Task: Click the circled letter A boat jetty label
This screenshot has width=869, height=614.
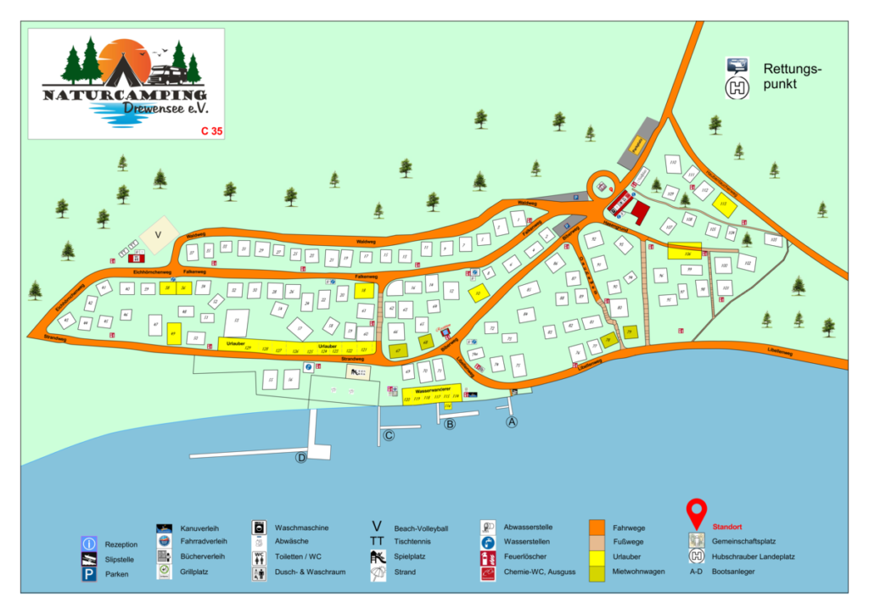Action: [511, 421]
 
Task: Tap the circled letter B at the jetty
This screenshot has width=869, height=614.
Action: [450, 424]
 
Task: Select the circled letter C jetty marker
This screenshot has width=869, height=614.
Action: [389, 436]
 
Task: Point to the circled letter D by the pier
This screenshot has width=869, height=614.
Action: [300, 458]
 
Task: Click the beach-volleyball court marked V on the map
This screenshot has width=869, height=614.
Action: [157, 235]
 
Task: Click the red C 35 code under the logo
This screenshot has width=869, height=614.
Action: [210, 131]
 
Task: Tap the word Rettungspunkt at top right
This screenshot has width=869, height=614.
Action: [793, 76]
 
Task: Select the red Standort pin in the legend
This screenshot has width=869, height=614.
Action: [697, 513]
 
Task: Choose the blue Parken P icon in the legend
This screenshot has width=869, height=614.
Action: [88, 574]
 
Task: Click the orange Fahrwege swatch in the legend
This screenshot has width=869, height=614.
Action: [597, 527]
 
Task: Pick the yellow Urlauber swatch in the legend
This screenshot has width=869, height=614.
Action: [597, 557]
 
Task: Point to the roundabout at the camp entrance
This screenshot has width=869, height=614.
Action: [603, 183]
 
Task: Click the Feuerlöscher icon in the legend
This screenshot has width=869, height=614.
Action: [488, 557]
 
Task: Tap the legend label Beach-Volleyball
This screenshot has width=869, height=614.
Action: [421, 527]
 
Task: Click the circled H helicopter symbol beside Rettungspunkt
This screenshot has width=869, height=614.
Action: [737, 87]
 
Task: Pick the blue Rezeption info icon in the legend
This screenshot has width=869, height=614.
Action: [88, 544]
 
